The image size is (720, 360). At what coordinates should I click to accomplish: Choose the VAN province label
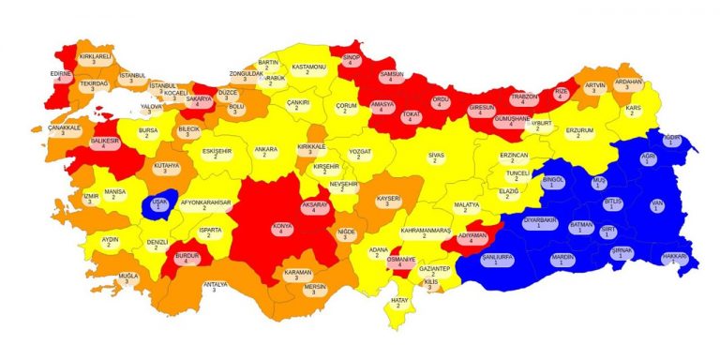[x=656, y=204]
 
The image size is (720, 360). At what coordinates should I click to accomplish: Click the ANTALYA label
[x=216, y=287]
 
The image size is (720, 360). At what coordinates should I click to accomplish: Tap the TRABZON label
[x=524, y=99]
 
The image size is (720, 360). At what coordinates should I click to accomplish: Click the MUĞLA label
[x=128, y=278]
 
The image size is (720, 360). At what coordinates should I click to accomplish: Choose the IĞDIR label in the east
[x=671, y=141]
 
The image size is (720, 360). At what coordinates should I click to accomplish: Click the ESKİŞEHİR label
[x=217, y=152]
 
